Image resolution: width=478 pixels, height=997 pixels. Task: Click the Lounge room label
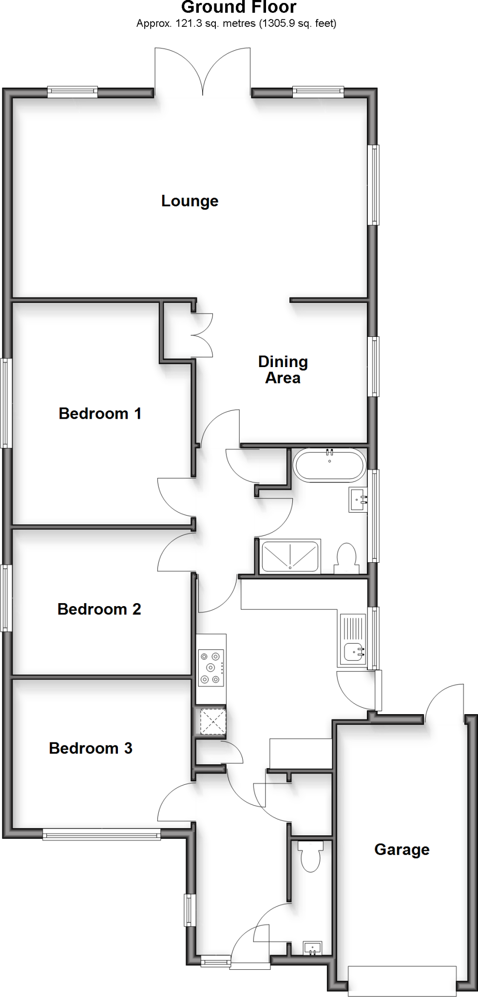pyautogui.click(x=190, y=201)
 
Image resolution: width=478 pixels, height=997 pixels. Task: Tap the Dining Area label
pyautogui.click(x=283, y=370)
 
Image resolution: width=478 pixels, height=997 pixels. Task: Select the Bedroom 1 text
pyautogui.click(x=100, y=414)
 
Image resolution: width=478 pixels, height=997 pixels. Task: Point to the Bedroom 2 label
pyautogui.click(x=99, y=609)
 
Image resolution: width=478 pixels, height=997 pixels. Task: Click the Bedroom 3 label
pyautogui.click(x=91, y=748)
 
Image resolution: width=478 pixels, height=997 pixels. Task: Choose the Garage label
pyautogui.click(x=402, y=849)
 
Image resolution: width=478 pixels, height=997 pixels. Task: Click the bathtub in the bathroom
pyautogui.click(x=329, y=465)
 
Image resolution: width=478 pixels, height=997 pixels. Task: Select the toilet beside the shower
pyautogui.click(x=346, y=557)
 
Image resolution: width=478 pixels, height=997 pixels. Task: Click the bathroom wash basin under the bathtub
pyautogui.click(x=358, y=500)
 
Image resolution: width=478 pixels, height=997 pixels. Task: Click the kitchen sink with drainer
pyautogui.click(x=352, y=640)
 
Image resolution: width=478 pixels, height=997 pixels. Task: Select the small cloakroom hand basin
pyautogui.click(x=312, y=947)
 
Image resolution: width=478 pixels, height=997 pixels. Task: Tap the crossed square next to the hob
pyautogui.click(x=211, y=721)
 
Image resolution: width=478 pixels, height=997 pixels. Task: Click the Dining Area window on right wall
pyautogui.click(x=374, y=366)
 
